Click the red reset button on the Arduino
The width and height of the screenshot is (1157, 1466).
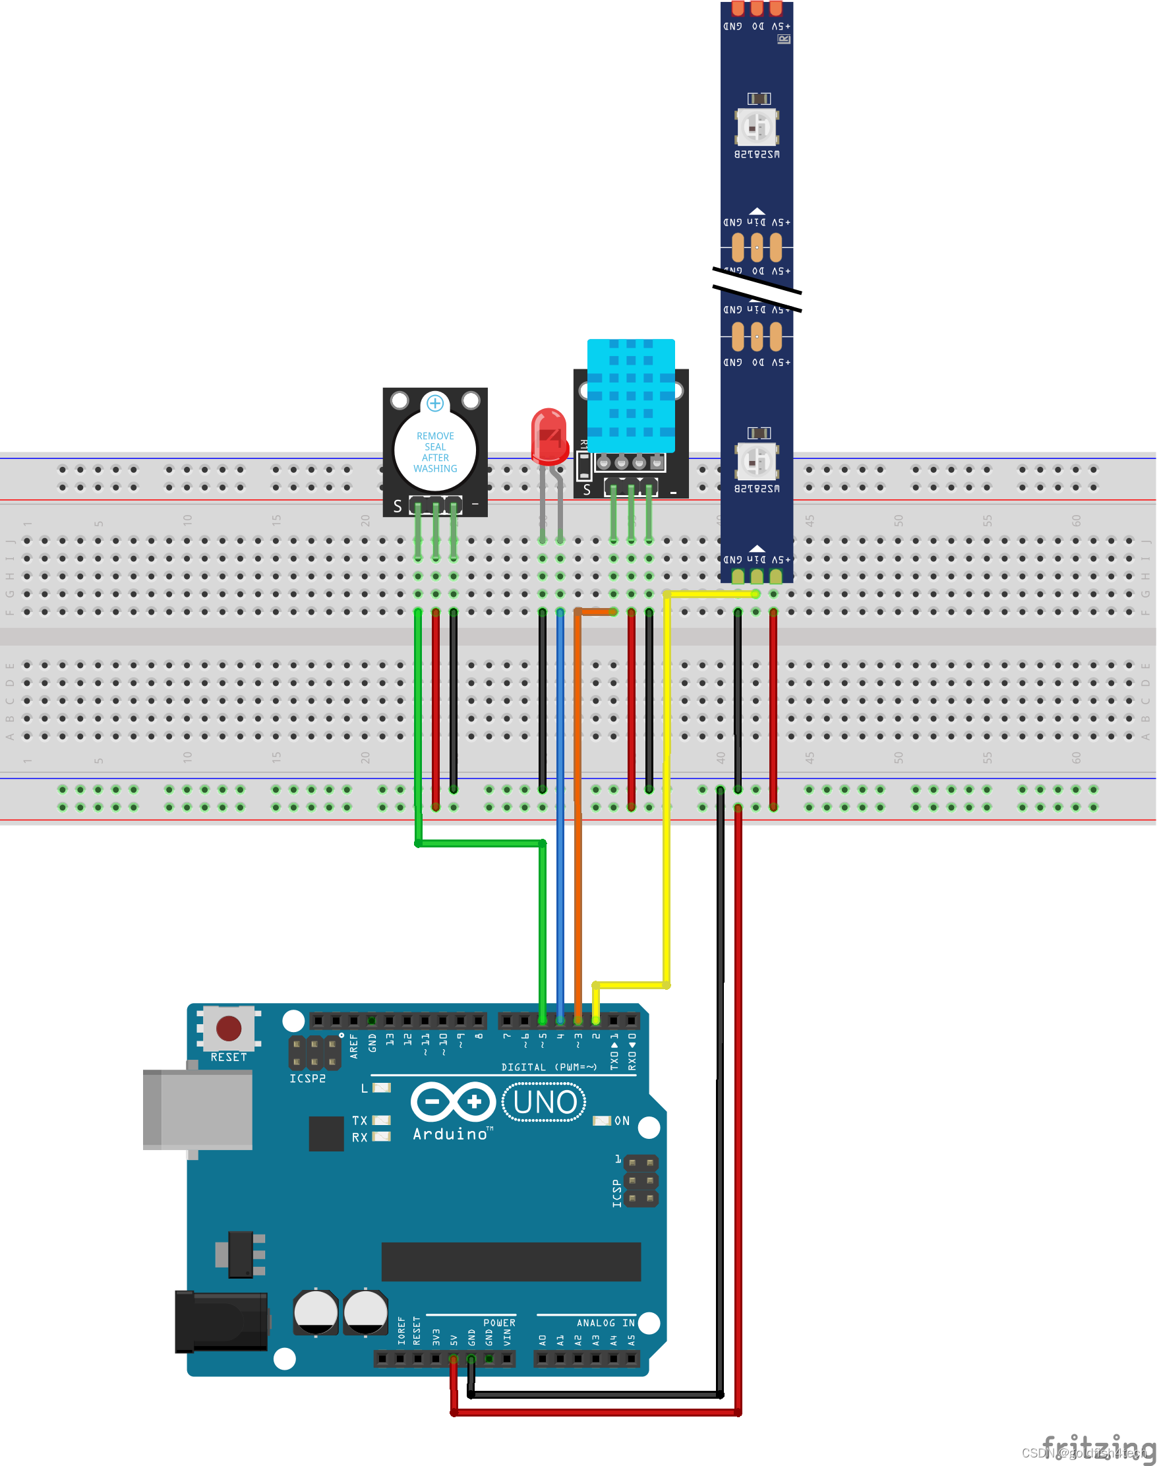[x=228, y=1027]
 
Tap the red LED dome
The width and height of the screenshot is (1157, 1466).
[x=549, y=433]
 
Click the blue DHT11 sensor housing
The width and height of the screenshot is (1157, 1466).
[x=631, y=395]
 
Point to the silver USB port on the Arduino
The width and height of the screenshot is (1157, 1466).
[x=198, y=1109]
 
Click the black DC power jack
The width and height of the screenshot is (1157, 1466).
[x=221, y=1320]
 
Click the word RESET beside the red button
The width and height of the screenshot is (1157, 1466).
[x=228, y=1057]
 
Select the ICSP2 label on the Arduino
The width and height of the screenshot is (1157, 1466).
[x=307, y=1078]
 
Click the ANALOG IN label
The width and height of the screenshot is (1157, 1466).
[x=605, y=1322]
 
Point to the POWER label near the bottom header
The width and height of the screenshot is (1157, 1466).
[x=498, y=1322]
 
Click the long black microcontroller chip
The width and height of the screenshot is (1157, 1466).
[x=511, y=1262]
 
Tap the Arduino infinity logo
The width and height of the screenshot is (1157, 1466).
[x=453, y=1101]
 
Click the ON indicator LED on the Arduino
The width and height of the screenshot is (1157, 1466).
[x=601, y=1120]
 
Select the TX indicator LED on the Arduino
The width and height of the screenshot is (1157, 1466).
[x=381, y=1120]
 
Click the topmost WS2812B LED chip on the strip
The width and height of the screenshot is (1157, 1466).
[x=757, y=127]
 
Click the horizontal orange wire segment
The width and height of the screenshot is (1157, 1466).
[x=596, y=612]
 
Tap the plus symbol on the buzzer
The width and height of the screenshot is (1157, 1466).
[x=435, y=403]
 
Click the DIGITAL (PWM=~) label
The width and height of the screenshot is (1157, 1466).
[x=549, y=1067]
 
